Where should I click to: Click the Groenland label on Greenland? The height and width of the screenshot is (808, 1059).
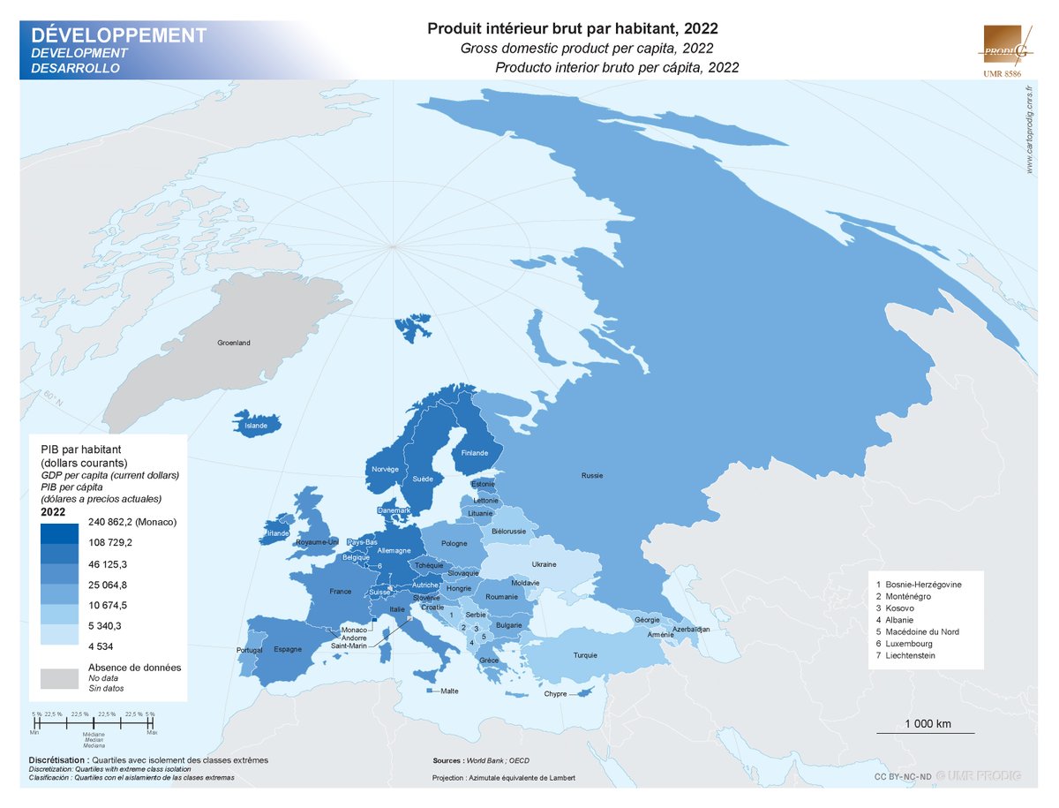pyautogui.click(x=234, y=343)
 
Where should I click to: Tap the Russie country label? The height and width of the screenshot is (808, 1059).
pyautogui.click(x=592, y=476)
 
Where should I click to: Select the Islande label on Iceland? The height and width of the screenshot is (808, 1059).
pyautogui.click(x=255, y=426)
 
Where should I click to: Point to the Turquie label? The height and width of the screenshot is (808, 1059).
pyautogui.click(x=585, y=655)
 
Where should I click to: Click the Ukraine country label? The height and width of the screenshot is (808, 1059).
pyautogui.click(x=544, y=564)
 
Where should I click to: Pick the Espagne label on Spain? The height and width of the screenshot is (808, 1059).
pyautogui.click(x=288, y=649)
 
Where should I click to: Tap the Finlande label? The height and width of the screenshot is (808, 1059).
pyautogui.click(x=475, y=453)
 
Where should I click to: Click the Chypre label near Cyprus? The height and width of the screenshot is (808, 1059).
pyautogui.click(x=555, y=694)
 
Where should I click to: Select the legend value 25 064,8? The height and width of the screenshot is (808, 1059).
pyautogui.click(x=110, y=585)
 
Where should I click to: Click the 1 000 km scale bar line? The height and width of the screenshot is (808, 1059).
pyautogui.click(x=925, y=733)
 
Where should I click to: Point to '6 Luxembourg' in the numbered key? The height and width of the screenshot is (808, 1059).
pyautogui.click(x=909, y=644)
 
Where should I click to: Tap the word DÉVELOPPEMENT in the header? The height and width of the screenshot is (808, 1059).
pyautogui.click(x=119, y=35)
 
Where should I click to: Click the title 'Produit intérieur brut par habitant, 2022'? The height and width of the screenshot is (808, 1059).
pyautogui.click(x=573, y=28)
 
